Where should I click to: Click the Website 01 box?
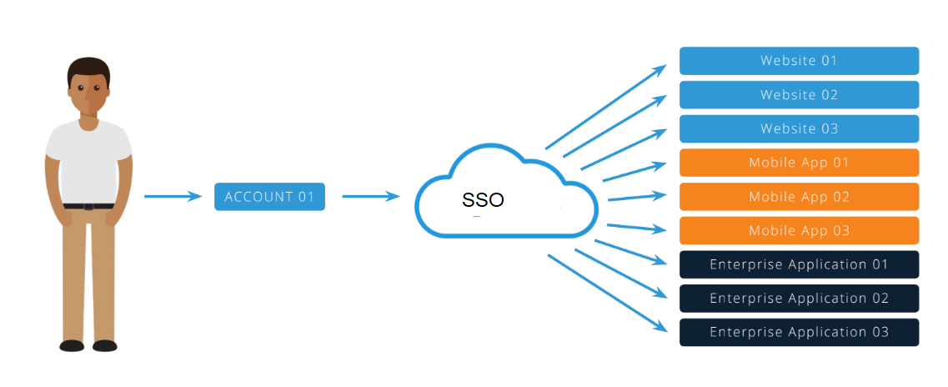tap(799, 60)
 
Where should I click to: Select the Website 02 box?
tap(799, 95)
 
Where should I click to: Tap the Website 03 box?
tap(799, 128)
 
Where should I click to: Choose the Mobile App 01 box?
tap(799, 163)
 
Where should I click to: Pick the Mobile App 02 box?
tap(799, 197)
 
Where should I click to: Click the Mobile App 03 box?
tap(799, 230)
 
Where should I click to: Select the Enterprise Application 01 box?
tap(799, 264)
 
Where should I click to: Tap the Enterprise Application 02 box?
tap(799, 298)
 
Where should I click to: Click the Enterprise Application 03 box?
tap(799, 332)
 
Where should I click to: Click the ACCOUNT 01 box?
tap(269, 197)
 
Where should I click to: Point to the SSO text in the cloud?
tap(483, 200)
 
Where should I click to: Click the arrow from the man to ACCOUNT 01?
tap(173, 196)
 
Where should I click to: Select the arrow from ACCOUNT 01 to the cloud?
tap(371, 196)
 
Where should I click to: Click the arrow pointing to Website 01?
tap(606, 107)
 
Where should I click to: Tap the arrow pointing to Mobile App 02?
tap(638, 197)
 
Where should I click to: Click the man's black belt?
tap(89, 206)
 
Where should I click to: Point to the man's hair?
tap(89, 68)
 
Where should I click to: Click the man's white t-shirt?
tap(89, 160)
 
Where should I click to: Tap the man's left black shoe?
tap(104, 345)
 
